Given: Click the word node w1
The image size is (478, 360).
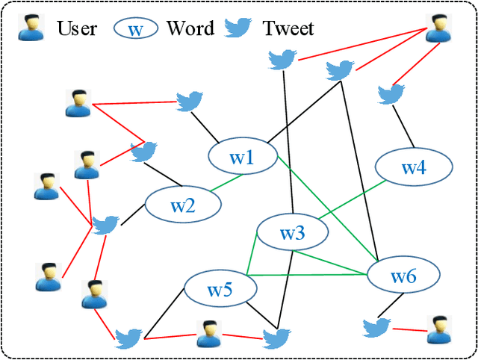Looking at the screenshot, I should point(241,158).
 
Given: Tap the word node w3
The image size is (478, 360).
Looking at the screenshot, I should point(292,234).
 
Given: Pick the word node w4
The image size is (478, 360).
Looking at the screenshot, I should point(413,167).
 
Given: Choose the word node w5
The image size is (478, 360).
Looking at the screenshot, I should point(220,290).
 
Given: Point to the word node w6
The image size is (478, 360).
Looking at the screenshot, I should point(403,276).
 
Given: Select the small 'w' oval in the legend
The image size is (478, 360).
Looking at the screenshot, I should point(135,29).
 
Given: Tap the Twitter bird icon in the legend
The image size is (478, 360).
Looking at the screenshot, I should point(238,28).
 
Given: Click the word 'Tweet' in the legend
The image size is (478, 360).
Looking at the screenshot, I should point(288,29).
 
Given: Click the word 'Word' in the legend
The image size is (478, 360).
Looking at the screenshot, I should point(190,29).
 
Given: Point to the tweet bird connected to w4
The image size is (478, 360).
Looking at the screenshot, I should point(391,94).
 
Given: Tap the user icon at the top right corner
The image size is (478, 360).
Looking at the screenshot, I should point(438,27).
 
